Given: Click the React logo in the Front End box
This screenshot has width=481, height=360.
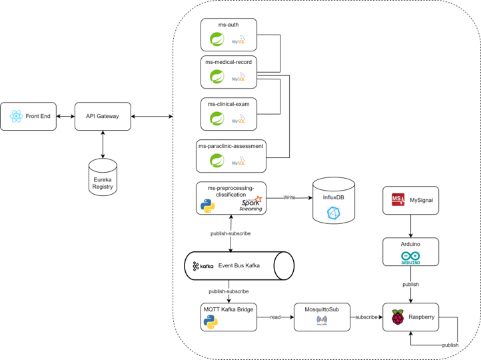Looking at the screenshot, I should pos(16,117).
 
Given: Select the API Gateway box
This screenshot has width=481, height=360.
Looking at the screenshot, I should pos(103,116).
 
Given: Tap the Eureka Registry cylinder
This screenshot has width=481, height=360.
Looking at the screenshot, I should pos(103,176).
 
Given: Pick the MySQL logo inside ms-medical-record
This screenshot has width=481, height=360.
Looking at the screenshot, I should pos(239,79).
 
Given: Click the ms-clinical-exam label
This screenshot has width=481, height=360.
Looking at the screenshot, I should pos(229,104).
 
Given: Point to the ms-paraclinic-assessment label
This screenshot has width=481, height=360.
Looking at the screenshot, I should pos(231,145).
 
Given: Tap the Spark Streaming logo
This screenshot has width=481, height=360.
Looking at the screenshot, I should pos(251,204).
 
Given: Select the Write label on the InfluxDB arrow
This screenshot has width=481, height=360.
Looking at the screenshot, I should pos(289,198).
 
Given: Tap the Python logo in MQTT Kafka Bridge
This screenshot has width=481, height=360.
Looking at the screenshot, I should pos(211,323).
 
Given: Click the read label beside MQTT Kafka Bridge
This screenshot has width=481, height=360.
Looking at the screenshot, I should pos(275,317).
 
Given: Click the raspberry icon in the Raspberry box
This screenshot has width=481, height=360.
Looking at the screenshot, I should pos(398,317).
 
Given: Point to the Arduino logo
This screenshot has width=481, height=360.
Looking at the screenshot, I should pos(410,258).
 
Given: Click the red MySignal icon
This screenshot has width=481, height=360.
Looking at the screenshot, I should pos(396,201).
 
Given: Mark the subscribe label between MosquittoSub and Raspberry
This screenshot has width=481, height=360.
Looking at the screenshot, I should pos(366,317).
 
